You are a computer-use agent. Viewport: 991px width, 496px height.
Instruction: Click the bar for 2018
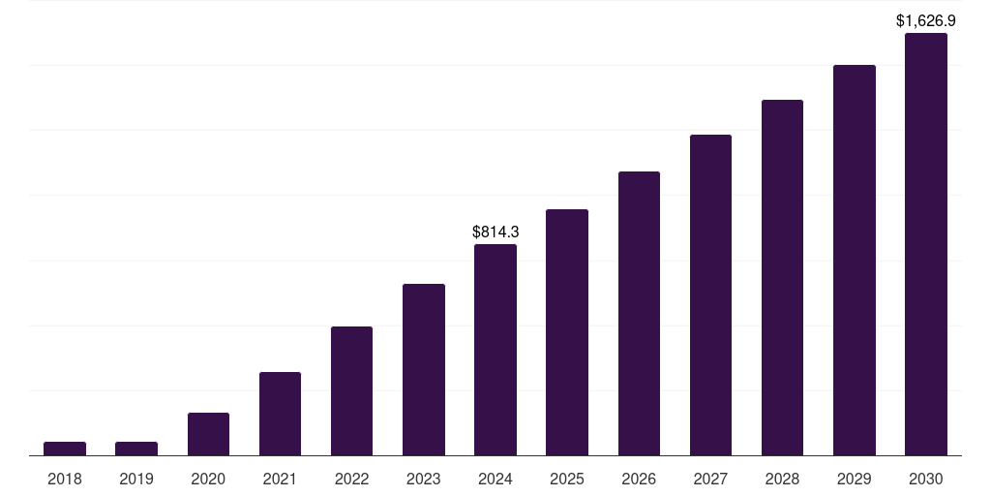[x=65, y=449]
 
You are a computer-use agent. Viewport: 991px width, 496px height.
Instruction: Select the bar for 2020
[x=208, y=434]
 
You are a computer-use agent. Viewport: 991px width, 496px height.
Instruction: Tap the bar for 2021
[x=280, y=414]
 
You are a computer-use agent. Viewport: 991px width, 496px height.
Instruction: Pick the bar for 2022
[x=351, y=391]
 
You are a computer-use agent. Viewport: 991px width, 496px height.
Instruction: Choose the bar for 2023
[x=424, y=370]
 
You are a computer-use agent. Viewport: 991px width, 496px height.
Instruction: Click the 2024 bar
[x=495, y=350]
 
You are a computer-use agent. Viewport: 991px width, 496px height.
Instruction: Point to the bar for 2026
[x=639, y=314]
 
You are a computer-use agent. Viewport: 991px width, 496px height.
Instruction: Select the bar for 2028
[x=782, y=278]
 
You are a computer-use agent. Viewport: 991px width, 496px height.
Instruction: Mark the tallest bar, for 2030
[x=925, y=244]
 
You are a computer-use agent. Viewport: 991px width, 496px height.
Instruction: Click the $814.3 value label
[x=495, y=232]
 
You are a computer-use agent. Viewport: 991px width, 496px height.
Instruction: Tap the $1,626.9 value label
[x=925, y=20]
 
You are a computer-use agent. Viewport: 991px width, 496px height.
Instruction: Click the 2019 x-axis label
[x=136, y=479]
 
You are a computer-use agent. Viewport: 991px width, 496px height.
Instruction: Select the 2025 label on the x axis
[x=567, y=479]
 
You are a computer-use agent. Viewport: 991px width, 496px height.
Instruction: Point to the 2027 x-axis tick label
[x=710, y=479]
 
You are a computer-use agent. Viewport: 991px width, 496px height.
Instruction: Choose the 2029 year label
[x=854, y=479]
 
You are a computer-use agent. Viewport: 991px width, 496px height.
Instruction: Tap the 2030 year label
[x=925, y=479]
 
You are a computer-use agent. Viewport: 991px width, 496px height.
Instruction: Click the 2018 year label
[x=65, y=479]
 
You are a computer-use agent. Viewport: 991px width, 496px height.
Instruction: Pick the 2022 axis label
[x=351, y=479]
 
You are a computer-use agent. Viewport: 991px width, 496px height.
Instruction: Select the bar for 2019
[x=136, y=449]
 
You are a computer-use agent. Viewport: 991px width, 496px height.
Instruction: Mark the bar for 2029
[x=854, y=261]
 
